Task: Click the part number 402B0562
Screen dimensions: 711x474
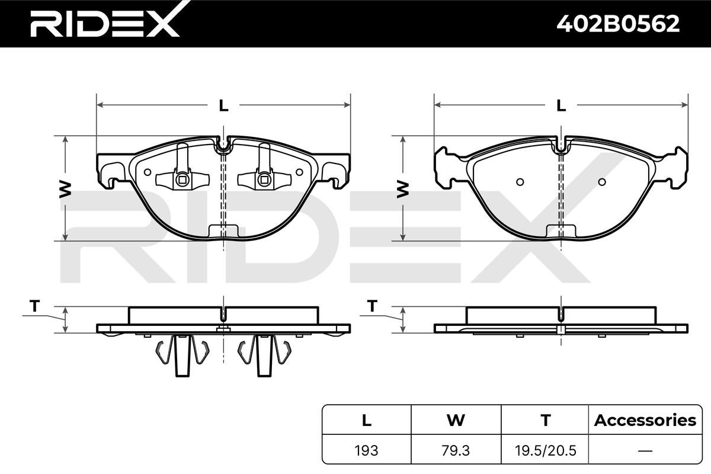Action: (618, 24)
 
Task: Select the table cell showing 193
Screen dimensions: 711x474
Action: (366, 450)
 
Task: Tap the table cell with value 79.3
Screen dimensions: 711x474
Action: (456, 450)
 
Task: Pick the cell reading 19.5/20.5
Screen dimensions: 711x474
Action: (545, 450)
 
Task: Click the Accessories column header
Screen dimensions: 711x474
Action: (645, 420)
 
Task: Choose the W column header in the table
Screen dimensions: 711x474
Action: (456, 420)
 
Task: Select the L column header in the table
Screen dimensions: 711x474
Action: (367, 420)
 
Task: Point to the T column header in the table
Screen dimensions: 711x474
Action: (545, 420)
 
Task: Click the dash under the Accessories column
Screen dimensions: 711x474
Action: (645, 451)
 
